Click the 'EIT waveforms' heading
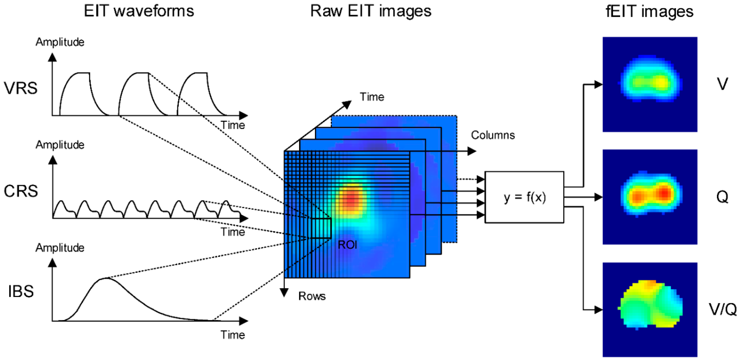[139, 11]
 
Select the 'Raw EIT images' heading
[371, 11]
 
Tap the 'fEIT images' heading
[649, 11]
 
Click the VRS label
[20, 88]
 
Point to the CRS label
[21, 191]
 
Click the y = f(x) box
[524, 197]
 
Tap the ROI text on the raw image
[347, 245]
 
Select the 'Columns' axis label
[493, 135]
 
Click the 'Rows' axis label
[312, 296]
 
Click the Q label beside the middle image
[722, 197]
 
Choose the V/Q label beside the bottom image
[722, 309]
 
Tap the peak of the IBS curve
[105, 278]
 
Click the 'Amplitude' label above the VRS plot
[60, 42]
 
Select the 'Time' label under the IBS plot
[233, 335]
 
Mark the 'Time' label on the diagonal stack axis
[372, 97]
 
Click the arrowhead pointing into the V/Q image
[599, 310]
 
